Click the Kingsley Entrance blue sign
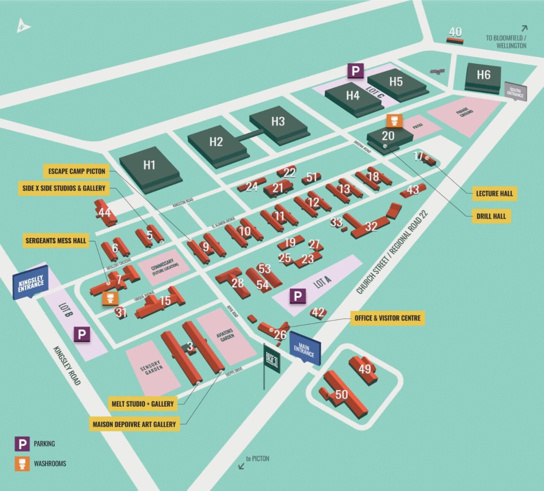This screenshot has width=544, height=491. tap(31, 283)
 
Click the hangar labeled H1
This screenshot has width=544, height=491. tap(149, 165)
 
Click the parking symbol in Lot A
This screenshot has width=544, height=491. tap(298, 296)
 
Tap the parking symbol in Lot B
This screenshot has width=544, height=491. tap(82, 335)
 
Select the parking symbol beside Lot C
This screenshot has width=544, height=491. tap(356, 70)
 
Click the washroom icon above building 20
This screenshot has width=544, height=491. tap(394, 121)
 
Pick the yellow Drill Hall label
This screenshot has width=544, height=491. tap(491, 216)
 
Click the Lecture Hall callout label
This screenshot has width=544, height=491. tap(494, 193)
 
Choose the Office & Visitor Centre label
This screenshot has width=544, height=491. tap(387, 318)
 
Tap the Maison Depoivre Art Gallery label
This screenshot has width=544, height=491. tap(134, 424)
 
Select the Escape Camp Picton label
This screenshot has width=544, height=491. tap(77, 171)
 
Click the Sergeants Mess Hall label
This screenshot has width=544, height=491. tap(56, 240)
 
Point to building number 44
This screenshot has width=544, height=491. tap(105, 213)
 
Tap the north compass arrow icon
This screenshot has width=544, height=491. tap(23, 26)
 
